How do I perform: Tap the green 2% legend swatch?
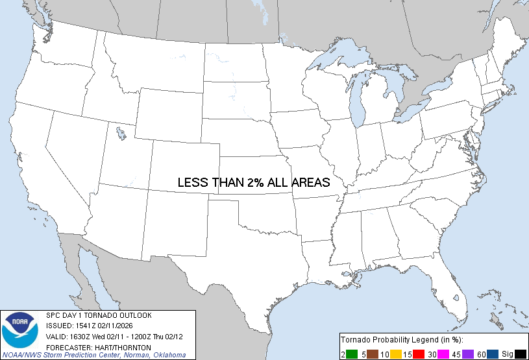click(351, 354)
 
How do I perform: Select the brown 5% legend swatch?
click(373, 354)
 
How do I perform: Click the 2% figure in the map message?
click(255, 183)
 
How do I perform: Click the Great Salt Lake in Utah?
click(121, 134)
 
